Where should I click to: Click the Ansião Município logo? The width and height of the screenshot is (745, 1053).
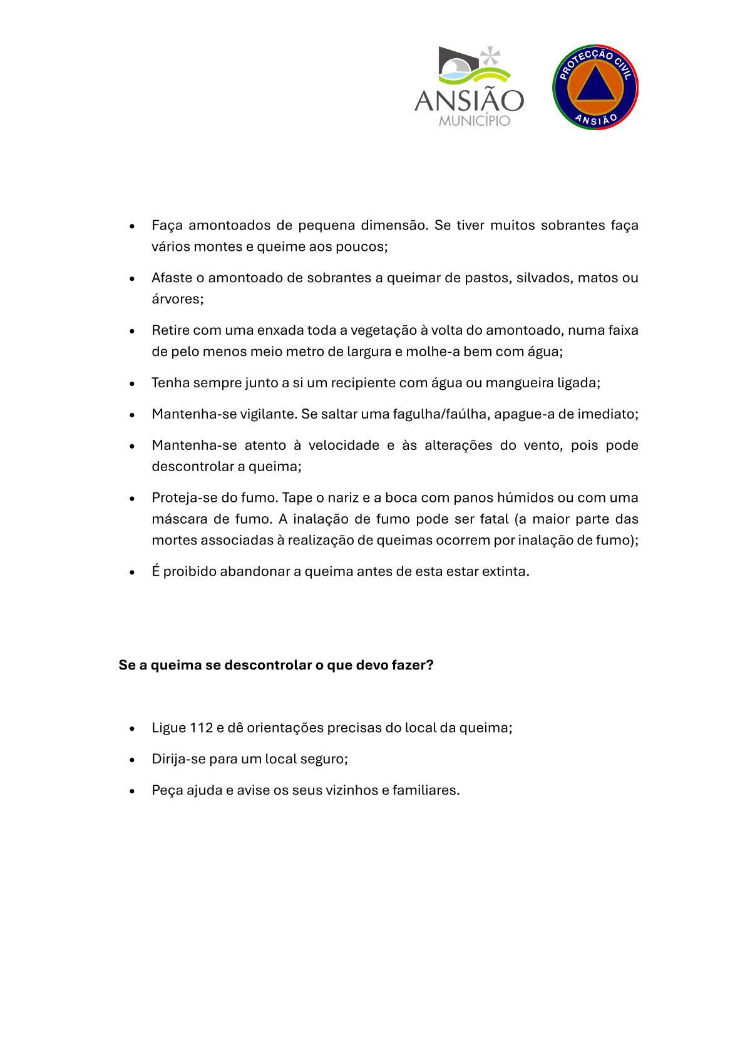point(469,86)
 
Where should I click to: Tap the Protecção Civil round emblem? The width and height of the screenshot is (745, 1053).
point(595,87)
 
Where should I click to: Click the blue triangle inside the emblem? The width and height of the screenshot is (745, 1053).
point(595,86)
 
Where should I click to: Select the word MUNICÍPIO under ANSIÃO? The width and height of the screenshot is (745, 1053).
point(474,120)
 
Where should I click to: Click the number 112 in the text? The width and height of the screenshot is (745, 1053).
point(201,728)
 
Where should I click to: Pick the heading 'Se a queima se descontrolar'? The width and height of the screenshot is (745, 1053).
point(276,665)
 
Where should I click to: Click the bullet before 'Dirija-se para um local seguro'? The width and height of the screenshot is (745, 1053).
point(132,760)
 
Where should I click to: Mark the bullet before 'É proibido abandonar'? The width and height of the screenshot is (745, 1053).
point(132,572)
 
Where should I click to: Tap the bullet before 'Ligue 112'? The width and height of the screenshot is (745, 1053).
point(132,729)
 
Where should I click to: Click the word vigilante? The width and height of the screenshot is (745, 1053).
point(269,414)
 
